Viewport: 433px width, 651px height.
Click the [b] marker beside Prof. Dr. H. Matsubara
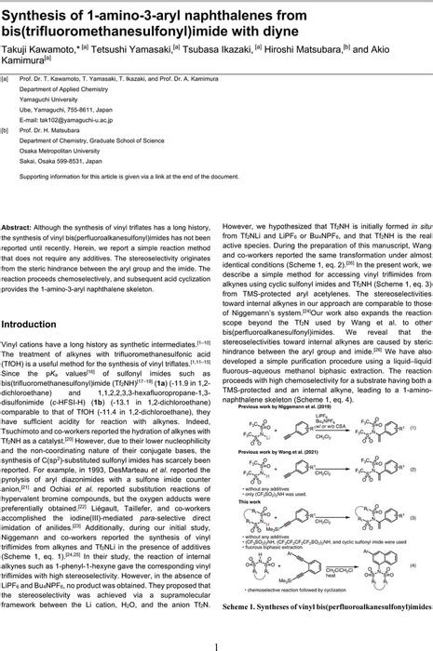[x=9, y=131]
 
